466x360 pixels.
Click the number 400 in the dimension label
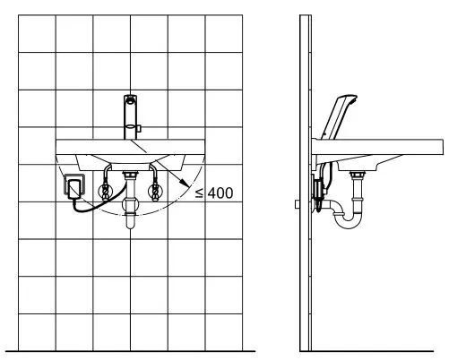tap(220, 193)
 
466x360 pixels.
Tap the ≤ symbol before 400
tap(199, 193)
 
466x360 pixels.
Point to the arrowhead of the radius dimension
tap(186, 184)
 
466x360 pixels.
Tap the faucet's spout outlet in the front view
tap(130, 99)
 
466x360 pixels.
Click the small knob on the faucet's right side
tap(139, 129)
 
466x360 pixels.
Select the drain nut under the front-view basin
tap(130, 174)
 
